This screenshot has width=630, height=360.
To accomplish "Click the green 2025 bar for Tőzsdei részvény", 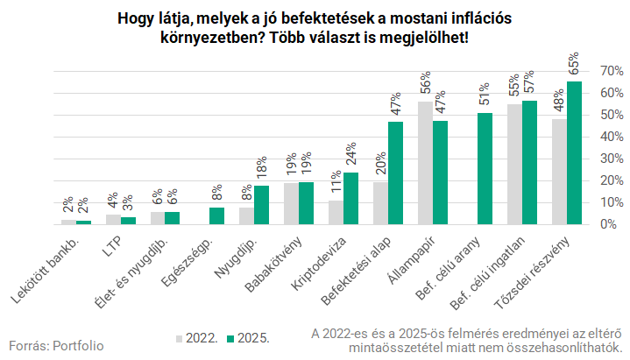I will coord(574,153).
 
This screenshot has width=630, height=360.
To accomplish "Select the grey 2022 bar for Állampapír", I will coord(425,163).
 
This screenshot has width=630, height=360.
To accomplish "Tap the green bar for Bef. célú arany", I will coord(485,168).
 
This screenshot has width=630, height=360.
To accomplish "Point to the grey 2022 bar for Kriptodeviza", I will coord(336,212).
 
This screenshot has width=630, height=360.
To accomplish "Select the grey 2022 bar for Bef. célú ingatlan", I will coord(514,164).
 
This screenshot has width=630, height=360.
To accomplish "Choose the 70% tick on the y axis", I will coord(611,70).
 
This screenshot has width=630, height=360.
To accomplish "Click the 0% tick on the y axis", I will coord(607,224).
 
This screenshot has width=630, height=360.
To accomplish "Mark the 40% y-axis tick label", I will coord(611,136).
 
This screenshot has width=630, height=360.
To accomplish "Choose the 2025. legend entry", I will coord(247,337).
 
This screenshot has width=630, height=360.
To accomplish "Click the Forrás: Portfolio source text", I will coord(56,345).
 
